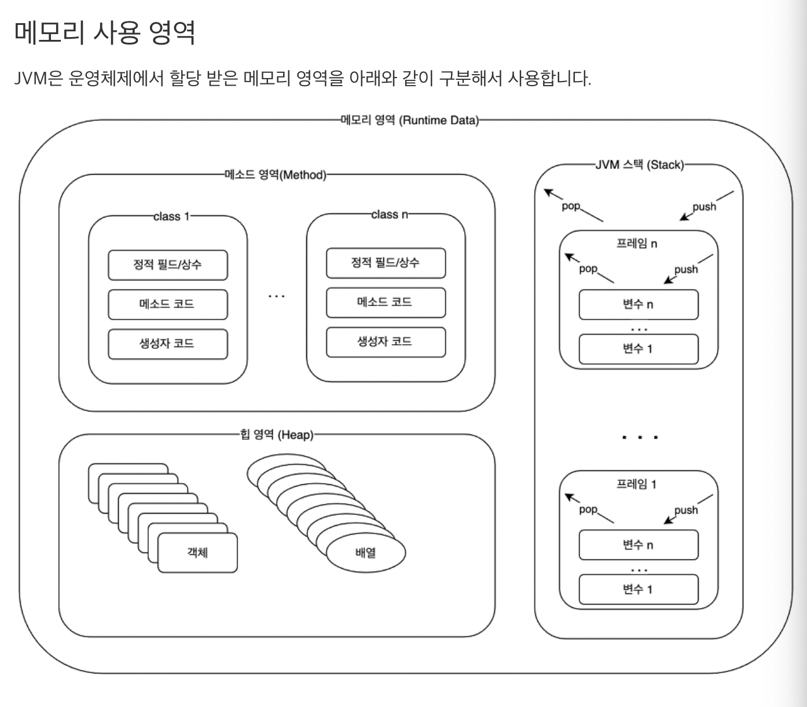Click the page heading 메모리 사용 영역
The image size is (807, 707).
[104, 32]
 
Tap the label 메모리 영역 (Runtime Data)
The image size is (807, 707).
[410, 120]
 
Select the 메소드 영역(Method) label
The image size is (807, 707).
[276, 175]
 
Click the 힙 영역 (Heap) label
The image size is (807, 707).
[277, 434]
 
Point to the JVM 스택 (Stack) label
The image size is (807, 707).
[639, 165]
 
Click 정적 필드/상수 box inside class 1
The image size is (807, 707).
[168, 265]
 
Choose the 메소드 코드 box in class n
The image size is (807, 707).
[386, 302]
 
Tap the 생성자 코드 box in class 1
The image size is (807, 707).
[168, 344]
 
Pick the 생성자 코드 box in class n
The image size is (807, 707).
[386, 341]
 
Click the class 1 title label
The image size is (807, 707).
[171, 216]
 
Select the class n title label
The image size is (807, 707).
[389, 215]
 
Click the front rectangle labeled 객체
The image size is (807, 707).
[197, 553]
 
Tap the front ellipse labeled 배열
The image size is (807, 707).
[366, 553]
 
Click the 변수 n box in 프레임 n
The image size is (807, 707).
[638, 305]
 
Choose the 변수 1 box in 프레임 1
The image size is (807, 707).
[638, 590]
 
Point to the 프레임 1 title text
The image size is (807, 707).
[636, 484]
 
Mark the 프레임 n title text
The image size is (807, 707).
[636, 244]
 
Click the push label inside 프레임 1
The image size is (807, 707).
[686, 510]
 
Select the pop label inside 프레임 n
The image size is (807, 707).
[588, 268]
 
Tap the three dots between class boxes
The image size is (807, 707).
[277, 296]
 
